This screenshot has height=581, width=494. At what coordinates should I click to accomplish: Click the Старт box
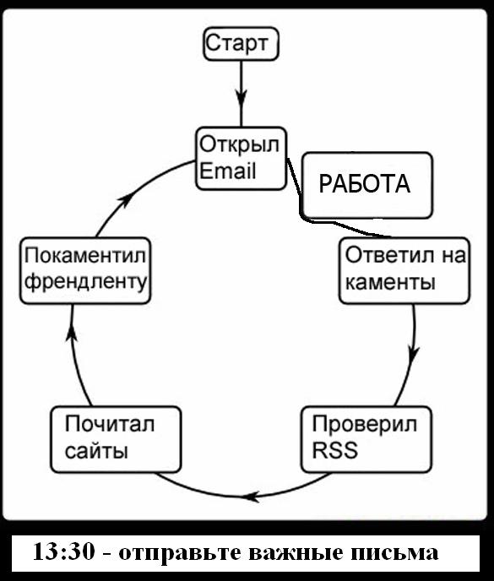click(x=241, y=43)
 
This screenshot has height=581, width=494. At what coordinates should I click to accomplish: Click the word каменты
click(x=389, y=282)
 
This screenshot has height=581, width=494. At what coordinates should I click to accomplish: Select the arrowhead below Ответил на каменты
click(x=412, y=350)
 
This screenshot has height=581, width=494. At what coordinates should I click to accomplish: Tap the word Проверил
click(x=365, y=423)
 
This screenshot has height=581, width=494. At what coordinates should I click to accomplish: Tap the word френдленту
click(x=85, y=282)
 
